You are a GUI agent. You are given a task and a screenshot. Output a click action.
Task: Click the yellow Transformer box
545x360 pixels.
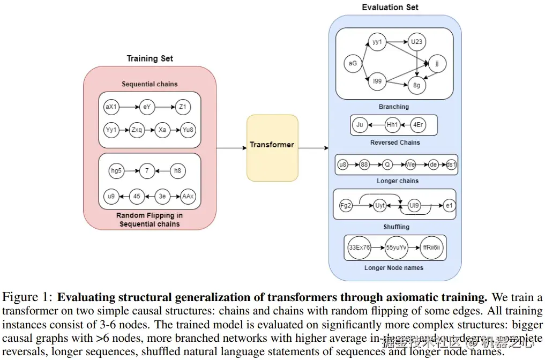coord(272,147)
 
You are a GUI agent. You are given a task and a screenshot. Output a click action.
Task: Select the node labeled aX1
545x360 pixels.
coord(111,107)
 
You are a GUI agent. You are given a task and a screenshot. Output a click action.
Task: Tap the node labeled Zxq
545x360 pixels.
coord(137,130)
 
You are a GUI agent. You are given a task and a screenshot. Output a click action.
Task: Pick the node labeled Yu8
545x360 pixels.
coord(188,130)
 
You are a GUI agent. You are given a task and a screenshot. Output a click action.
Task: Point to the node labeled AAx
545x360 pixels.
coord(188,196)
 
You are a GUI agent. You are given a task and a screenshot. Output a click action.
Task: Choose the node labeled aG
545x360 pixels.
coord(352,64)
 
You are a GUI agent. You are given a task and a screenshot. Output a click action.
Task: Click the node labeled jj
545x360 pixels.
coord(437,64)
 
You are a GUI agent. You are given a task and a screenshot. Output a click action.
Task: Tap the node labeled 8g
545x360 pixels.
coord(416,85)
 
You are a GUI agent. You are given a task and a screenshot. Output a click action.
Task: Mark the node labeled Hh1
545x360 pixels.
coord(392,125)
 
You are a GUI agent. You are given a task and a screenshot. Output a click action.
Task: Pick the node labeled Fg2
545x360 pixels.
coord(346,205)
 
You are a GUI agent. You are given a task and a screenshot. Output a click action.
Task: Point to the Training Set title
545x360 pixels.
coord(150,58)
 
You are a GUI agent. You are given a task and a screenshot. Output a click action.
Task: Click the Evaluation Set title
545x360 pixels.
coord(390,7)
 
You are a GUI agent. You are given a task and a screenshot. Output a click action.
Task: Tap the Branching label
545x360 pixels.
coord(394,107)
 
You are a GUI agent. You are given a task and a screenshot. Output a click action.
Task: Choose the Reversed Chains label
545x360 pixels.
coord(395,142)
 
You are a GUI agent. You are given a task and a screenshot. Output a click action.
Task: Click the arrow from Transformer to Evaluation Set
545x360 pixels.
coord(313,147)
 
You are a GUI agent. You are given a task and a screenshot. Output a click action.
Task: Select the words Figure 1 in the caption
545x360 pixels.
coord(27,298)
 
